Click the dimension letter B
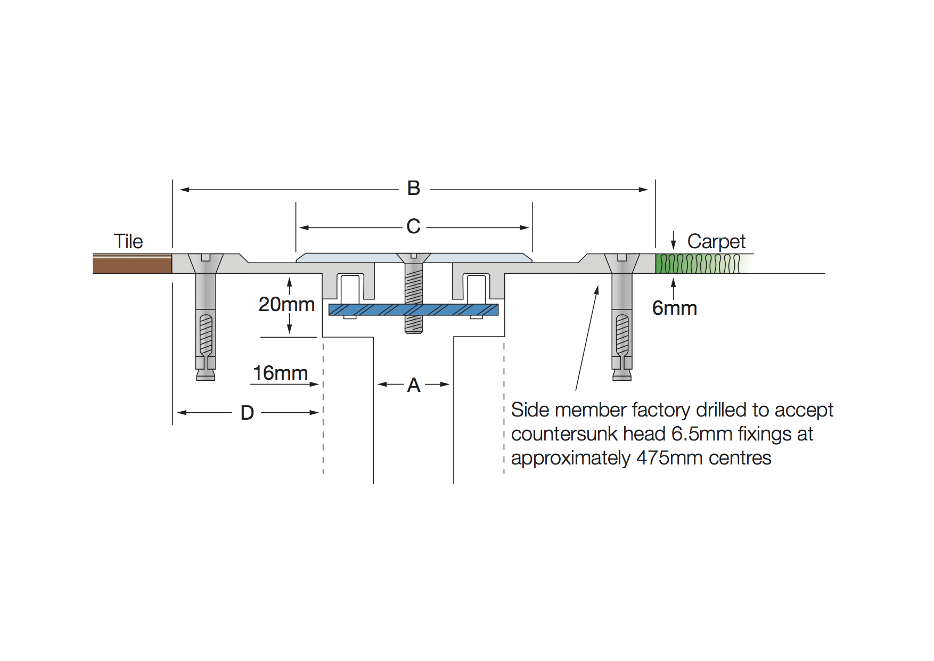click(x=414, y=189)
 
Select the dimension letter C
click(x=413, y=227)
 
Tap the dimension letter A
click(x=414, y=385)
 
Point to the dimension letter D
click(x=247, y=413)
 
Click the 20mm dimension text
click(x=286, y=305)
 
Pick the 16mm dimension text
click(x=280, y=373)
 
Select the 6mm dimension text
click(x=675, y=308)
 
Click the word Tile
click(x=128, y=241)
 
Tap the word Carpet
click(x=716, y=241)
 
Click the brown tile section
click(x=132, y=264)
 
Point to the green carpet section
click(x=698, y=264)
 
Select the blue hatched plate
click(x=373, y=309)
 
